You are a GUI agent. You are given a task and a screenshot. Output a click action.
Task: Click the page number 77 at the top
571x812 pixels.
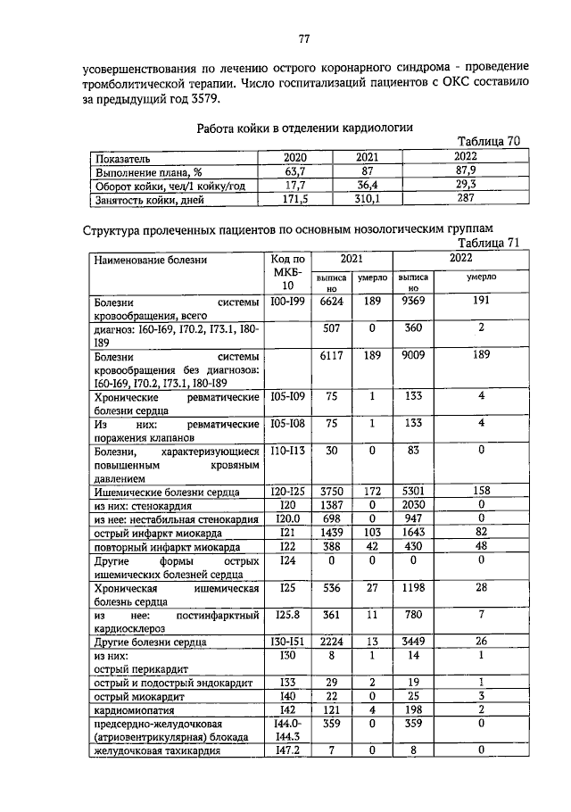[303, 39]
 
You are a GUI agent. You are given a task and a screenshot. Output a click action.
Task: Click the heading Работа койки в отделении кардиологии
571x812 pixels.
[303, 128]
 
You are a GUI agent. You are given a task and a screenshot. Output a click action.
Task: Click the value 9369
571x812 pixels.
[412, 302]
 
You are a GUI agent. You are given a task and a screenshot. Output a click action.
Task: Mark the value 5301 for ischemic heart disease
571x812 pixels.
[412, 490]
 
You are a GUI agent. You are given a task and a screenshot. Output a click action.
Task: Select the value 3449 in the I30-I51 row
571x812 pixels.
[412, 642]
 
